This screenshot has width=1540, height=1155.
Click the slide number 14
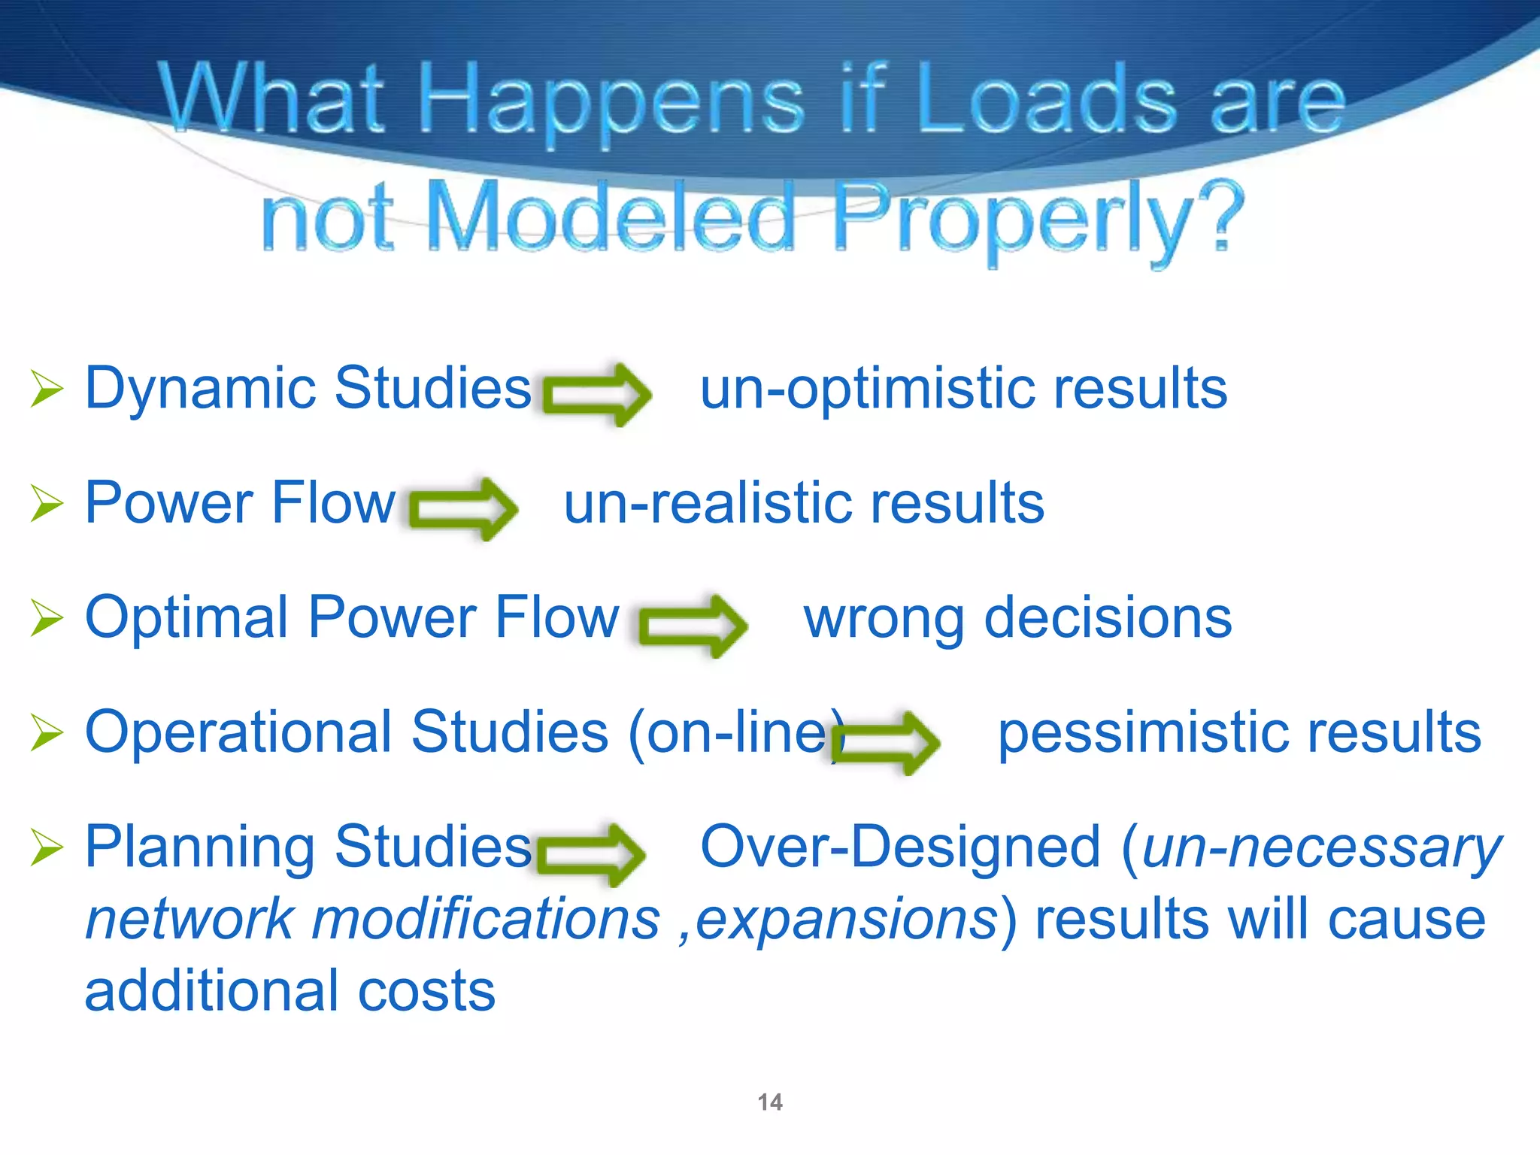coord(770,1102)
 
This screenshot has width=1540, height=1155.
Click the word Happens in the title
coord(611,102)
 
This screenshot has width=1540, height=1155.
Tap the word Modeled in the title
coord(611,218)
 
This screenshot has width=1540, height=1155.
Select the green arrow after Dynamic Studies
coord(597,394)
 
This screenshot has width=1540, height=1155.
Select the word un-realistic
coord(707,504)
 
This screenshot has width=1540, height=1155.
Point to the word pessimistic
coord(1144,733)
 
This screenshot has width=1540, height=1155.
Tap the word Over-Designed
coord(900,847)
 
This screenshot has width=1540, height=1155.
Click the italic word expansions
coord(847,919)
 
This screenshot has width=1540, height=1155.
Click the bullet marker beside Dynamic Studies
coord(47,390)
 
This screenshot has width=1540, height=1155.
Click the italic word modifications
coord(486,919)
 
